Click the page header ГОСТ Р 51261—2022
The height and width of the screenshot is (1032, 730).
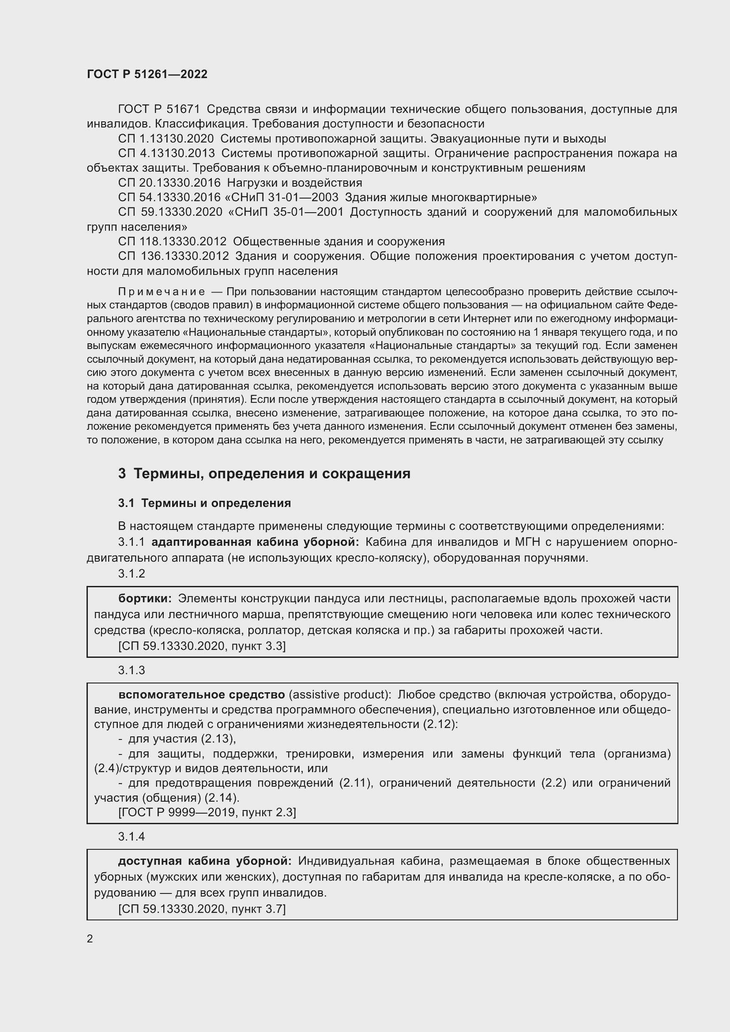[147, 74]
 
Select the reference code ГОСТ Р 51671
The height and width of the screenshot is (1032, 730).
[159, 109]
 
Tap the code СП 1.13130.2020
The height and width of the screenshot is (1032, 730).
[166, 139]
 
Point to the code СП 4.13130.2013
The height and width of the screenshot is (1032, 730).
[166, 153]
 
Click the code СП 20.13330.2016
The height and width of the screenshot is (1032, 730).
[169, 183]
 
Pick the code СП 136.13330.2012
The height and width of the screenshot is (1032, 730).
[173, 256]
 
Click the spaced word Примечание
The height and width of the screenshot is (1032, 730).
[162, 292]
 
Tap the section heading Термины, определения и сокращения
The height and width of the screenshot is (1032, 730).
[271, 474]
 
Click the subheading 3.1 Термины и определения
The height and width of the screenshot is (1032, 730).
[204, 503]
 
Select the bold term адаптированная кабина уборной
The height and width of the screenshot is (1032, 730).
[255, 542]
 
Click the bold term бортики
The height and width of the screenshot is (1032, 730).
[145, 599]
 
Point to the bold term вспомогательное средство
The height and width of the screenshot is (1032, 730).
[201, 694]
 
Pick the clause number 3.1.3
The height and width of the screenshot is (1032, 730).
[132, 670]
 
